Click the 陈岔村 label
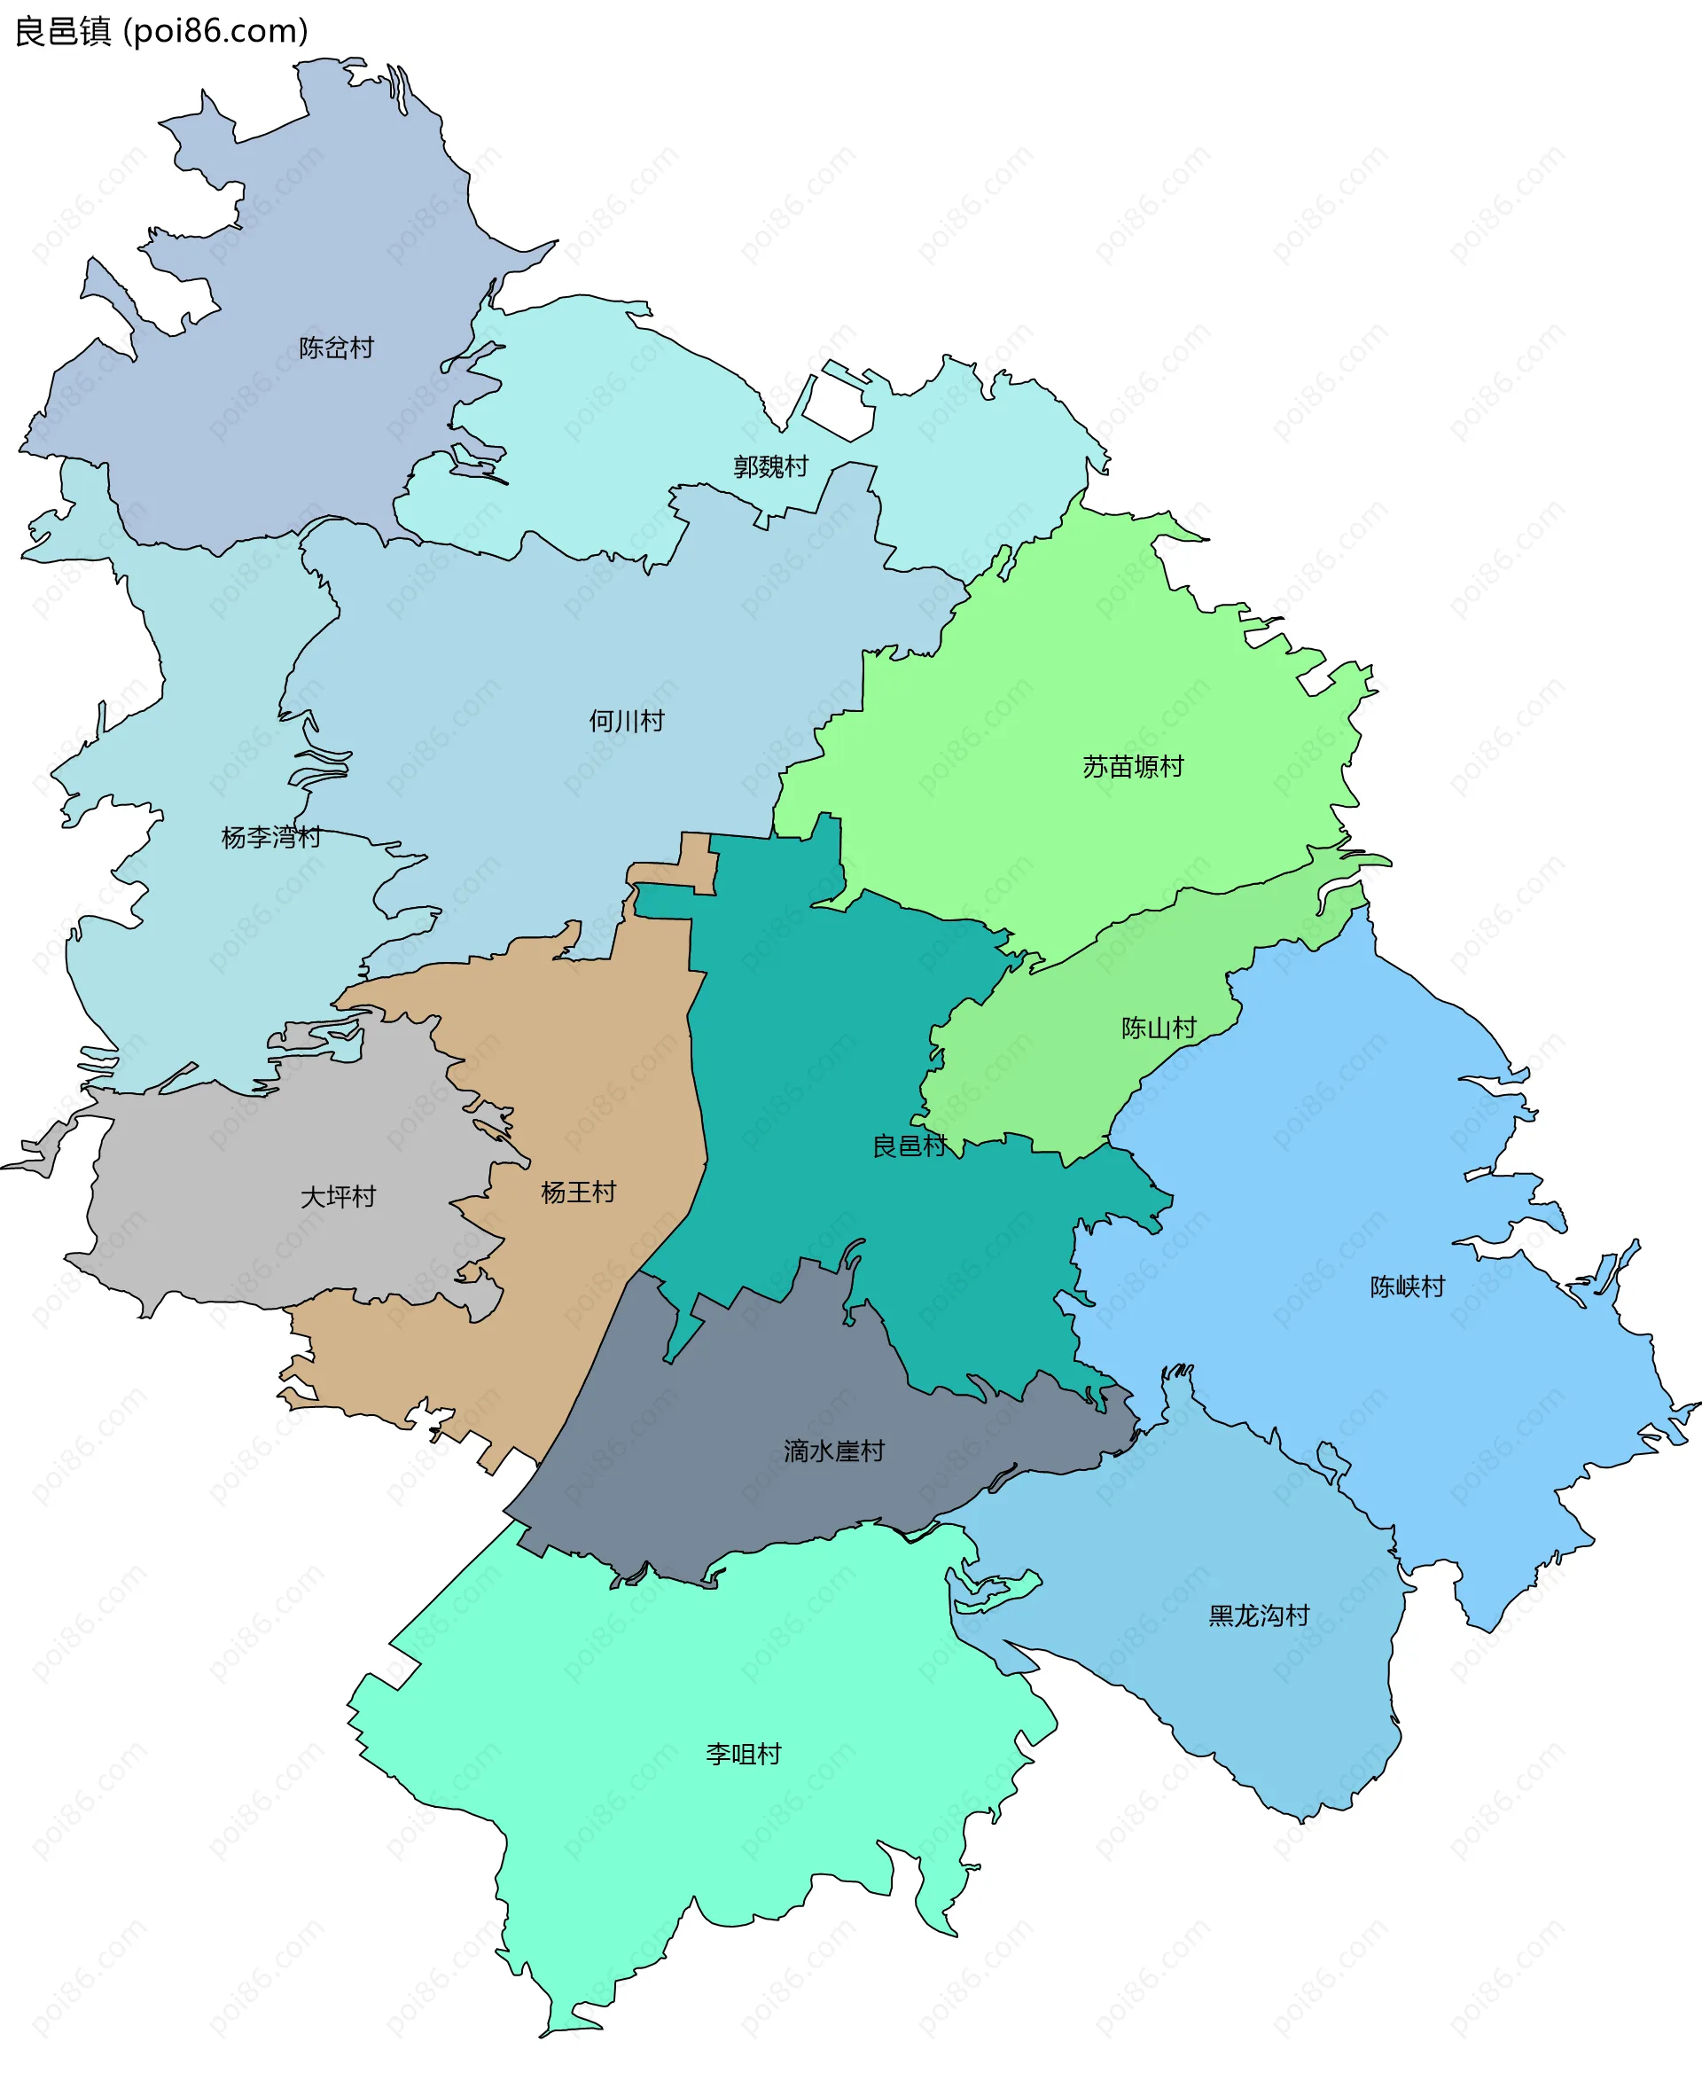tap(336, 348)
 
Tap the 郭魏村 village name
tap(770, 466)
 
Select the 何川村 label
tap(627, 722)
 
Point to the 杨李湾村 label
tap(270, 837)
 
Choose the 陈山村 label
tap(1159, 1028)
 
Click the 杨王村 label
tap(579, 1193)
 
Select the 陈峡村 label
tap(1407, 1287)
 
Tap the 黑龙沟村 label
tap(1259, 1615)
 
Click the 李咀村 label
tap(743, 1754)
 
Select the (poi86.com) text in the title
tap(215, 31)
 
